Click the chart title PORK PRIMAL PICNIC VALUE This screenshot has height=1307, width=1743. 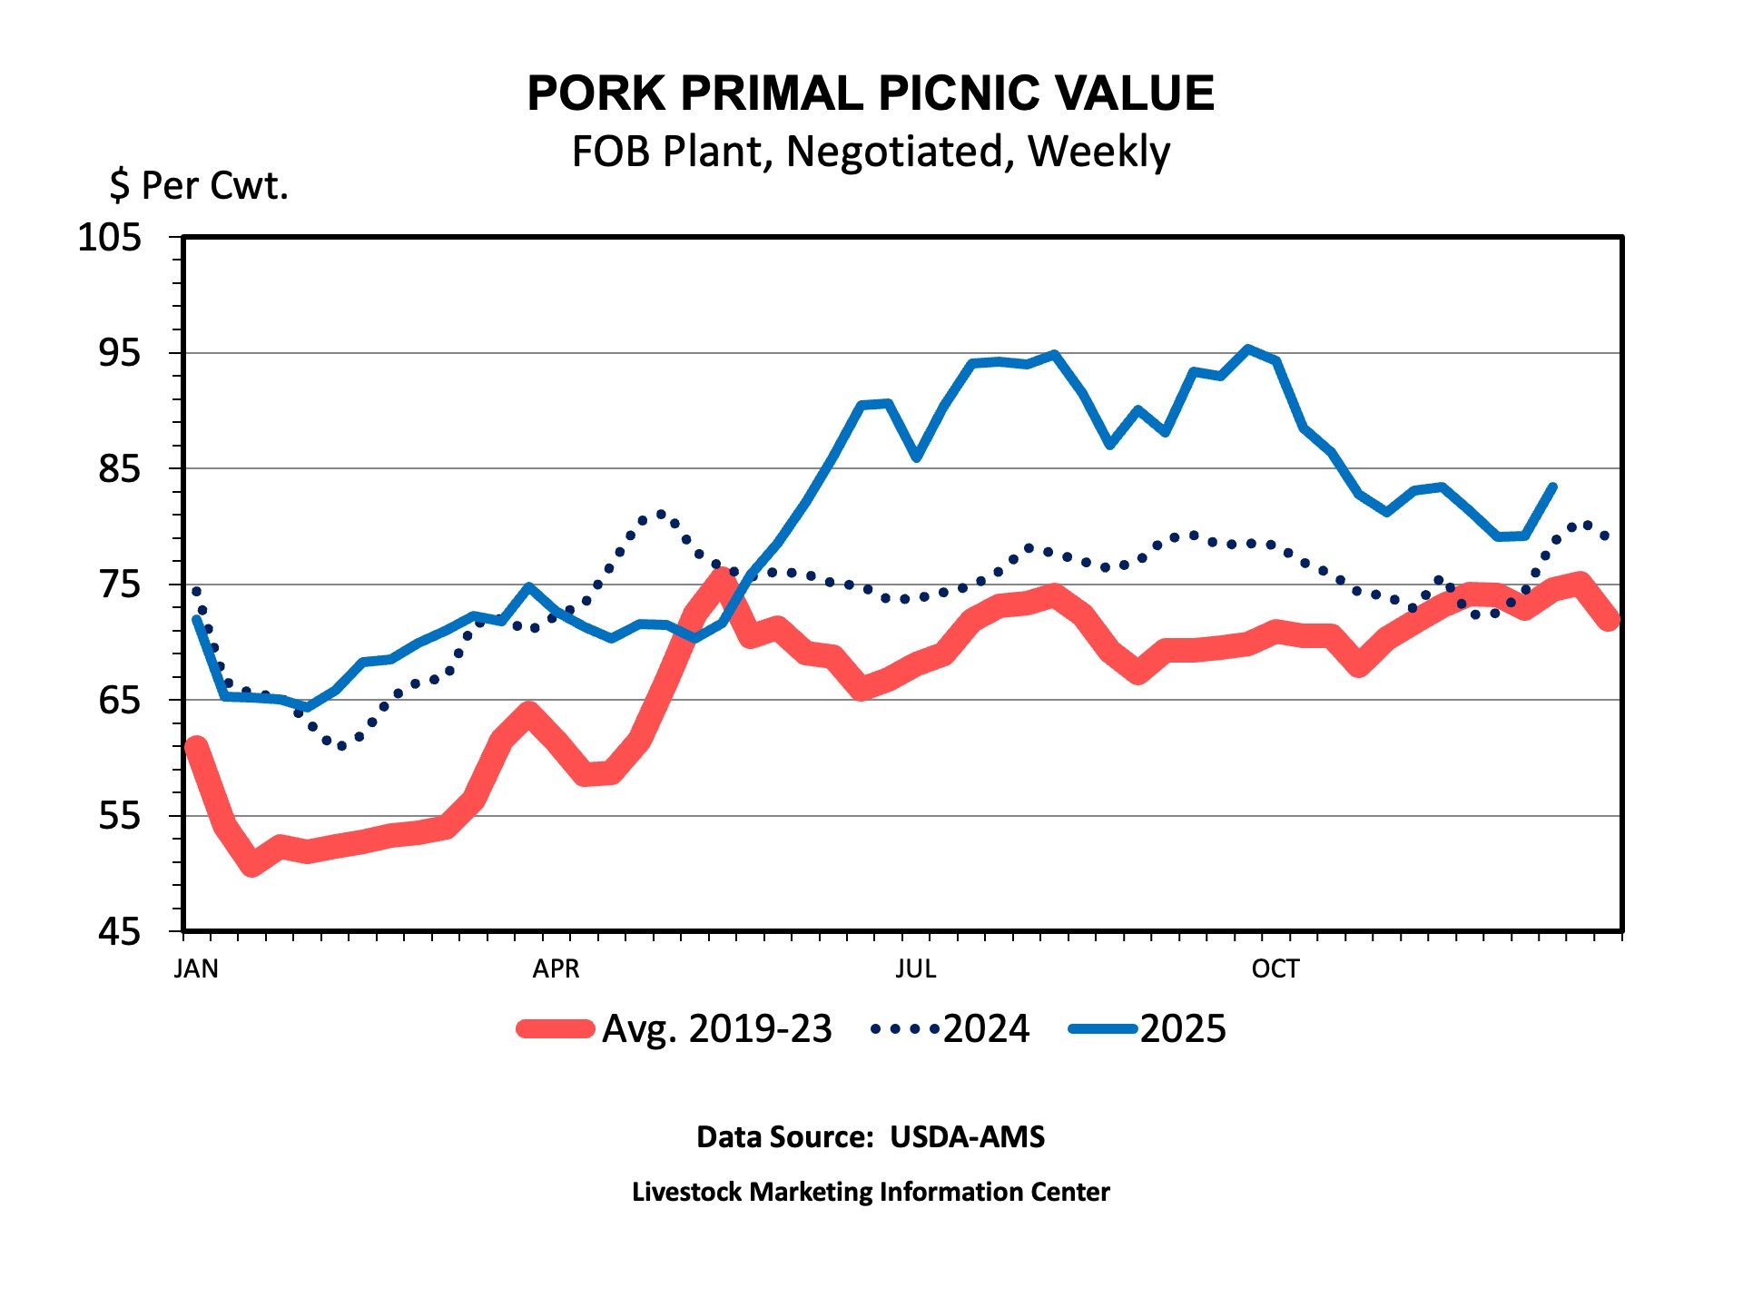point(871,93)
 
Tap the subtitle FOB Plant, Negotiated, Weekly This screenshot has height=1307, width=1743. point(871,152)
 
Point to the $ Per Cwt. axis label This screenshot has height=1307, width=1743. point(199,185)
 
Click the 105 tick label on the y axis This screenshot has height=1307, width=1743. point(110,238)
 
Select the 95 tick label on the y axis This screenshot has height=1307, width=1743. point(120,353)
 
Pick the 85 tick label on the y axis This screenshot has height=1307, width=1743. point(120,469)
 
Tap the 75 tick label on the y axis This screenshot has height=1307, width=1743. point(120,585)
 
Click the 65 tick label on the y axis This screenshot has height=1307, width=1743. point(120,701)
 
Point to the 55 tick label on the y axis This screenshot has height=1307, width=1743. point(120,816)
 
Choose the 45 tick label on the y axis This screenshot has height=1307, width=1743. point(120,932)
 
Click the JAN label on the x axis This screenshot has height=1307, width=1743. point(196,969)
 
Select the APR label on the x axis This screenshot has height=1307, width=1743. point(556,969)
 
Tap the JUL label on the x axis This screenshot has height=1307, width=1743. point(915,969)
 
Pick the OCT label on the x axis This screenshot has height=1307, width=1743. point(1275,969)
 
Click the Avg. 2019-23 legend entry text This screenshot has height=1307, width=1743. point(716,1029)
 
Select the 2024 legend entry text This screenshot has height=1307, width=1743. point(986,1029)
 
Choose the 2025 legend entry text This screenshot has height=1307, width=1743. point(1183,1029)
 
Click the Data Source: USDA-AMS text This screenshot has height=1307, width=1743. point(871,1137)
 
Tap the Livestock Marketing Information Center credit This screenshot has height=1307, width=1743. point(871,1192)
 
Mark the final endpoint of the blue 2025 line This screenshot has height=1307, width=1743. point(1553,487)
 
